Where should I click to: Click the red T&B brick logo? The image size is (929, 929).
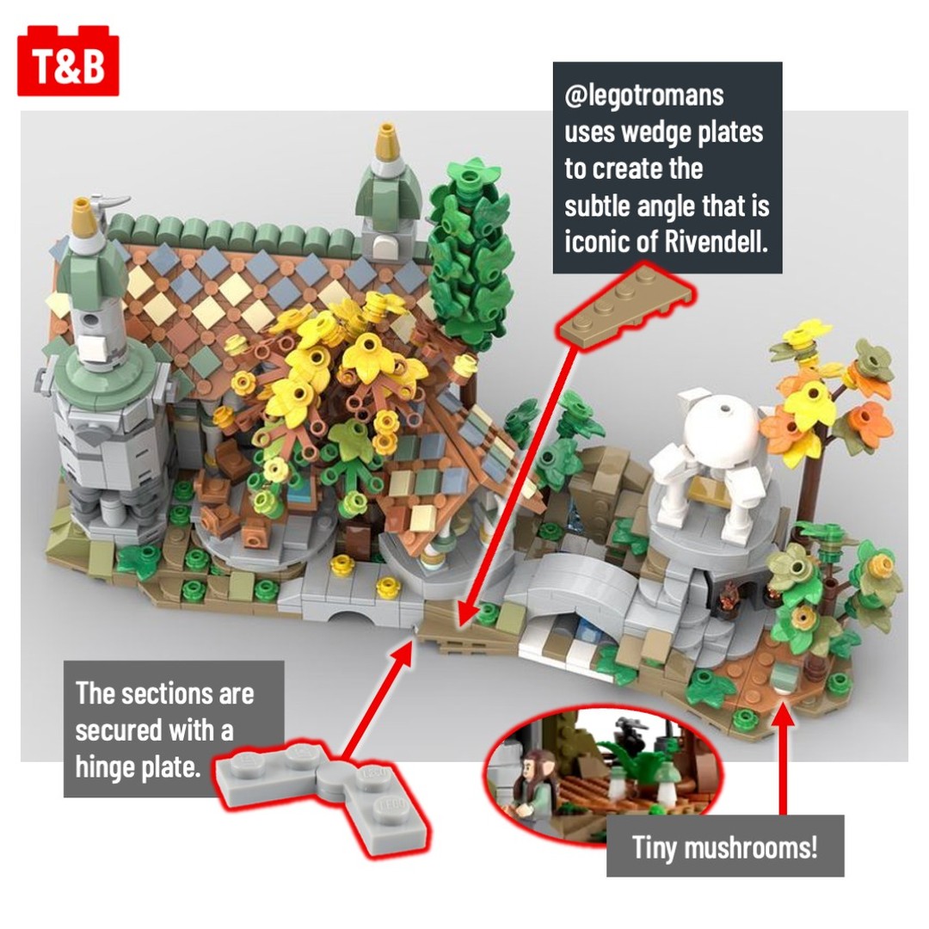[x=68, y=61]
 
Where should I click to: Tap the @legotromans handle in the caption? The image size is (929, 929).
[x=644, y=95]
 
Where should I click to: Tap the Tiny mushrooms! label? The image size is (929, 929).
[x=724, y=846]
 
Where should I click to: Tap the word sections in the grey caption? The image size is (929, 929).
[x=163, y=694]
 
